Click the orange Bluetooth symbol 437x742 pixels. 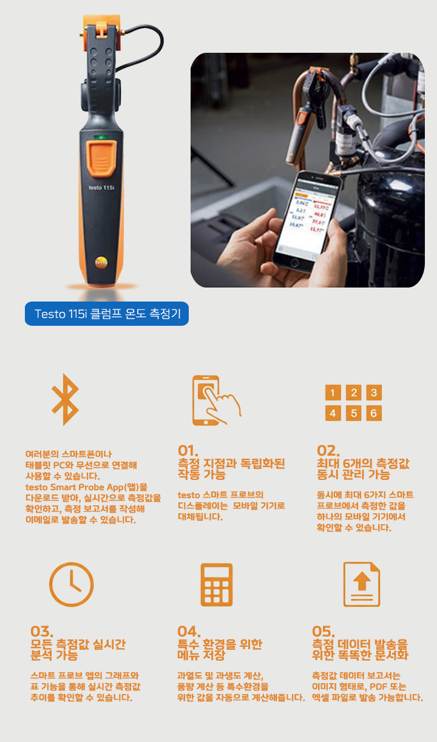pos(66,399)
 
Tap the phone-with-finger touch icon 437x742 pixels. pos(216,400)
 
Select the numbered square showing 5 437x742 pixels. pos(353,413)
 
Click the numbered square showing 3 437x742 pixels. pos(374,393)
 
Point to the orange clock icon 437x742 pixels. pos(71,584)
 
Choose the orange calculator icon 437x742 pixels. pos(217,585)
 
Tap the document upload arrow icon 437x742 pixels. pos(362,584)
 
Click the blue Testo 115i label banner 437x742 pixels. pos(107,313)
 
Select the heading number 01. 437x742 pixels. pos(188,451)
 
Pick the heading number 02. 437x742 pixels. pos(328,451)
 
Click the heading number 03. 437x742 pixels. pos(42,632)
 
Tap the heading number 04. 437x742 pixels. pos(189,632)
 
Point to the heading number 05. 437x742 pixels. pos(324,632)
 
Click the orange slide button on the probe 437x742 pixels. pos(101,158)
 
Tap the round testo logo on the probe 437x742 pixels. pos(101,262)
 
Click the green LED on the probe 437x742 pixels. pos(101,137)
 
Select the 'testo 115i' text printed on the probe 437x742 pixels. pos(101,187)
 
